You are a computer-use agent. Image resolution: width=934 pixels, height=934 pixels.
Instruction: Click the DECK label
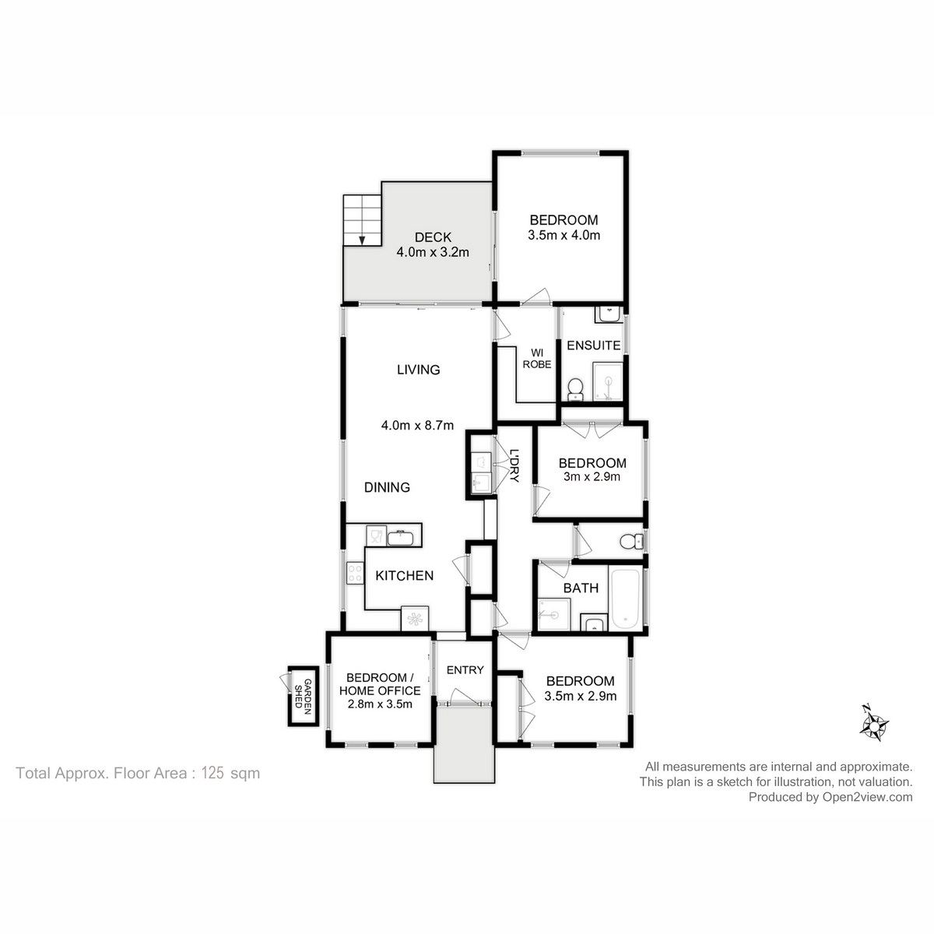433,237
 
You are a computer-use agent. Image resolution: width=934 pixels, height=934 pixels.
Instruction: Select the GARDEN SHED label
303,696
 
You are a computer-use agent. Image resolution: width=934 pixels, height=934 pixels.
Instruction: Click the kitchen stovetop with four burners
355,573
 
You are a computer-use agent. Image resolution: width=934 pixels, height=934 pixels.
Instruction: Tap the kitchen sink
400,538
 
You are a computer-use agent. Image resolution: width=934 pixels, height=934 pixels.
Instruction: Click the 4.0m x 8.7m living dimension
417,426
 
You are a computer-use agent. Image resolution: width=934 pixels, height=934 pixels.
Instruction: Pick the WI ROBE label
537,359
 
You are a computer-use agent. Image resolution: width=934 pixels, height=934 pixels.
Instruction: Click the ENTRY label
465,670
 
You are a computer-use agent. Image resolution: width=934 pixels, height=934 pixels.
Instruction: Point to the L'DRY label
514,465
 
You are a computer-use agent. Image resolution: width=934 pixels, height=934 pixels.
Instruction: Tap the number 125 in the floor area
212,773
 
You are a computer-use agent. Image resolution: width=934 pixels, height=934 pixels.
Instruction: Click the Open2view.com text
867,797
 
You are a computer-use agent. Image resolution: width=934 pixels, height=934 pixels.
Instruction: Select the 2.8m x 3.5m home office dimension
380,704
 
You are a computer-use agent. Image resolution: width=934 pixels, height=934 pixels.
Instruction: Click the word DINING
387,487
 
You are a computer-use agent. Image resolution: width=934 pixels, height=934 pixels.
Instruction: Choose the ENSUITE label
594,345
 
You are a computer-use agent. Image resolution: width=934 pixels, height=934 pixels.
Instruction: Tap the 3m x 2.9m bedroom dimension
592,476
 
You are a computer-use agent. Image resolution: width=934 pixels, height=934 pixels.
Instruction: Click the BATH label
581,588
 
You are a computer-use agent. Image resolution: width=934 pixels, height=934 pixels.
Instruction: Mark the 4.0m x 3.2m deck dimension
433,252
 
